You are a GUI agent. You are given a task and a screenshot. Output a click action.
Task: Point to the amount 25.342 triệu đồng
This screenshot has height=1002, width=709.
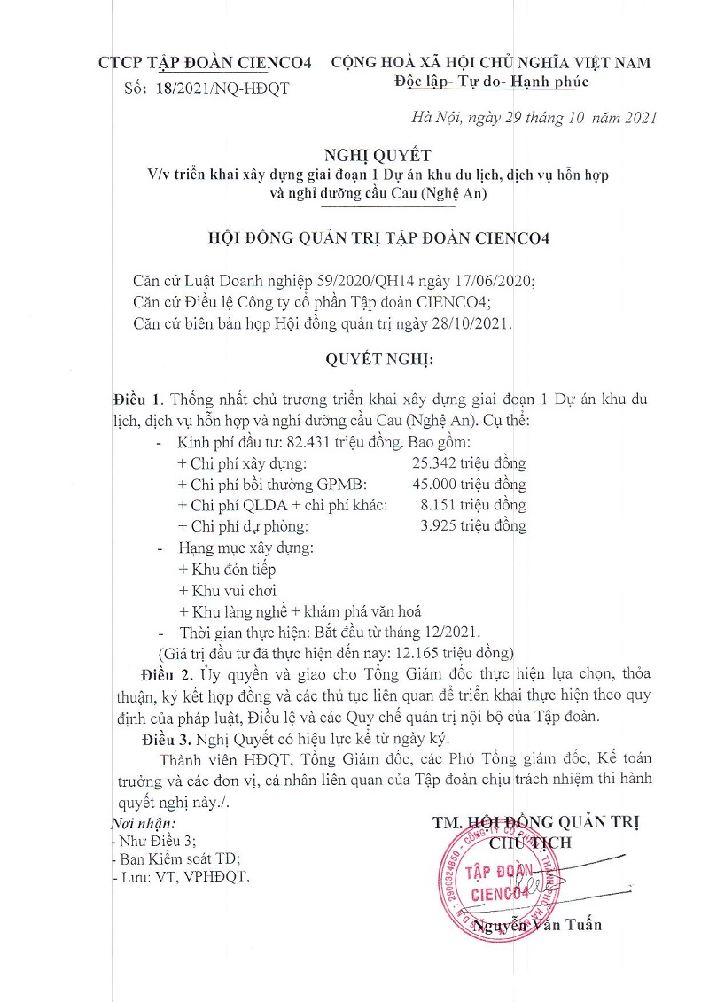point(469,462)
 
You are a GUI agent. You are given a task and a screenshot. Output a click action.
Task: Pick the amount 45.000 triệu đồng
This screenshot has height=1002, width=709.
point(469,484)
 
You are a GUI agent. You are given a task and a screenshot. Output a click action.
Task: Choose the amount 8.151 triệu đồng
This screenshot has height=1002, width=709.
point(474,505)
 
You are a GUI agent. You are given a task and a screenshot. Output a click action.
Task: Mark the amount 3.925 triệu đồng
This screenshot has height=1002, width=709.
point(474,526)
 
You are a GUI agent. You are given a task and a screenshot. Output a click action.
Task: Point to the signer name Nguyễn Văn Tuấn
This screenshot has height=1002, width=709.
point(537,925)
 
